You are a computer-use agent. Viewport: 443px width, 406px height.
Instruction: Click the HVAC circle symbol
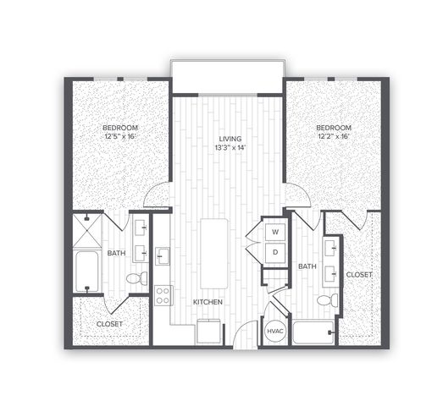point(275,331)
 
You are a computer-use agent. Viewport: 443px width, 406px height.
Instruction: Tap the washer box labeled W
point(275,232)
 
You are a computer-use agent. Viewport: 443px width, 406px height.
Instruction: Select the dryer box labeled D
point(275,253)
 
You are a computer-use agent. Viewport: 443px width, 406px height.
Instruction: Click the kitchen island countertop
point(213,254)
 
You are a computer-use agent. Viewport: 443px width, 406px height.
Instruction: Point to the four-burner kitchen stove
point(163,295)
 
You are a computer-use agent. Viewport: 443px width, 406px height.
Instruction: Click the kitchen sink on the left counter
point(162,256)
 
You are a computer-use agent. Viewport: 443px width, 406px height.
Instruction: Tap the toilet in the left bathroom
point(136,278)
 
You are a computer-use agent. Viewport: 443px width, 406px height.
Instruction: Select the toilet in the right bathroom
point(328,300)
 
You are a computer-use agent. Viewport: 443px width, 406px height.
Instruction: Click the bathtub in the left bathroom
point(87,272)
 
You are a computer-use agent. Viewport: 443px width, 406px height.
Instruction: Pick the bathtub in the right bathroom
point(313,332)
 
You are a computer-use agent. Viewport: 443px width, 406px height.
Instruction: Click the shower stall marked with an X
point(87,231)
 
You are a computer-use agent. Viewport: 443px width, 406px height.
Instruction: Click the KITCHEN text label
point(208,302)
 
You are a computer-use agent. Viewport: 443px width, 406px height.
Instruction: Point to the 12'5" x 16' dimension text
point(120,136)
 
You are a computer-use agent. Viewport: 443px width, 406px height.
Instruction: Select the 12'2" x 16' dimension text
point(334,136)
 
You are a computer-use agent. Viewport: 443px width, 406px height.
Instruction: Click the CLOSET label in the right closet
point(359,275)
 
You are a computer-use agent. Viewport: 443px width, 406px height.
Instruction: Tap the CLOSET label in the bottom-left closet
point(109,324)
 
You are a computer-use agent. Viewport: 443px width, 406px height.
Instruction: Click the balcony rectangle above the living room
point(227,76)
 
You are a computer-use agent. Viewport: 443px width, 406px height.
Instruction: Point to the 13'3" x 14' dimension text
point(230,147)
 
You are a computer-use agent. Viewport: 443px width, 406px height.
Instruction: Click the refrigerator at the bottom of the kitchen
point(208,332)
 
